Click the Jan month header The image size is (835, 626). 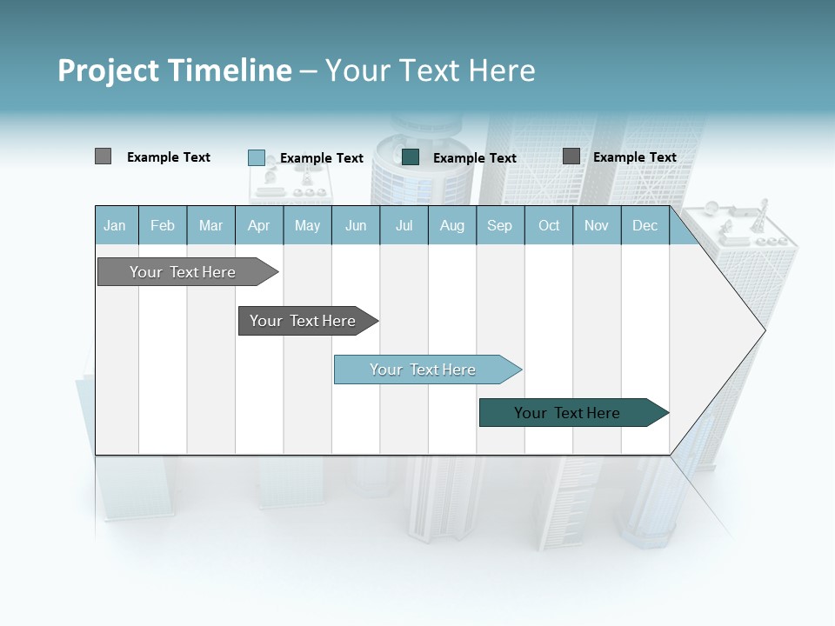click(115, 226)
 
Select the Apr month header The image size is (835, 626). click(258, 226)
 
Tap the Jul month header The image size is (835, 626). click(404, 226)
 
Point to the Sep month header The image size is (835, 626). click(499, 226)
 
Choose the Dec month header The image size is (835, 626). click(645, 226)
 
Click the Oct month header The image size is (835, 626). click(549, 226)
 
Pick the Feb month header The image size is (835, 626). click(163, 226)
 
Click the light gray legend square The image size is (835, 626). click(103, 156)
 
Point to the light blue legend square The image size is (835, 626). click(256, 157)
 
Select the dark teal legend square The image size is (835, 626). click(411, 156)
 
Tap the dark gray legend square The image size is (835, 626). click(571, 156)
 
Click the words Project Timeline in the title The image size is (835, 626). click(174, 70)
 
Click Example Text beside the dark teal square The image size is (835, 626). click(474, 158)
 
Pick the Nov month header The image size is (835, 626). click(597, 226)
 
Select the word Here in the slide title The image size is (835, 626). click(502, 70)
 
